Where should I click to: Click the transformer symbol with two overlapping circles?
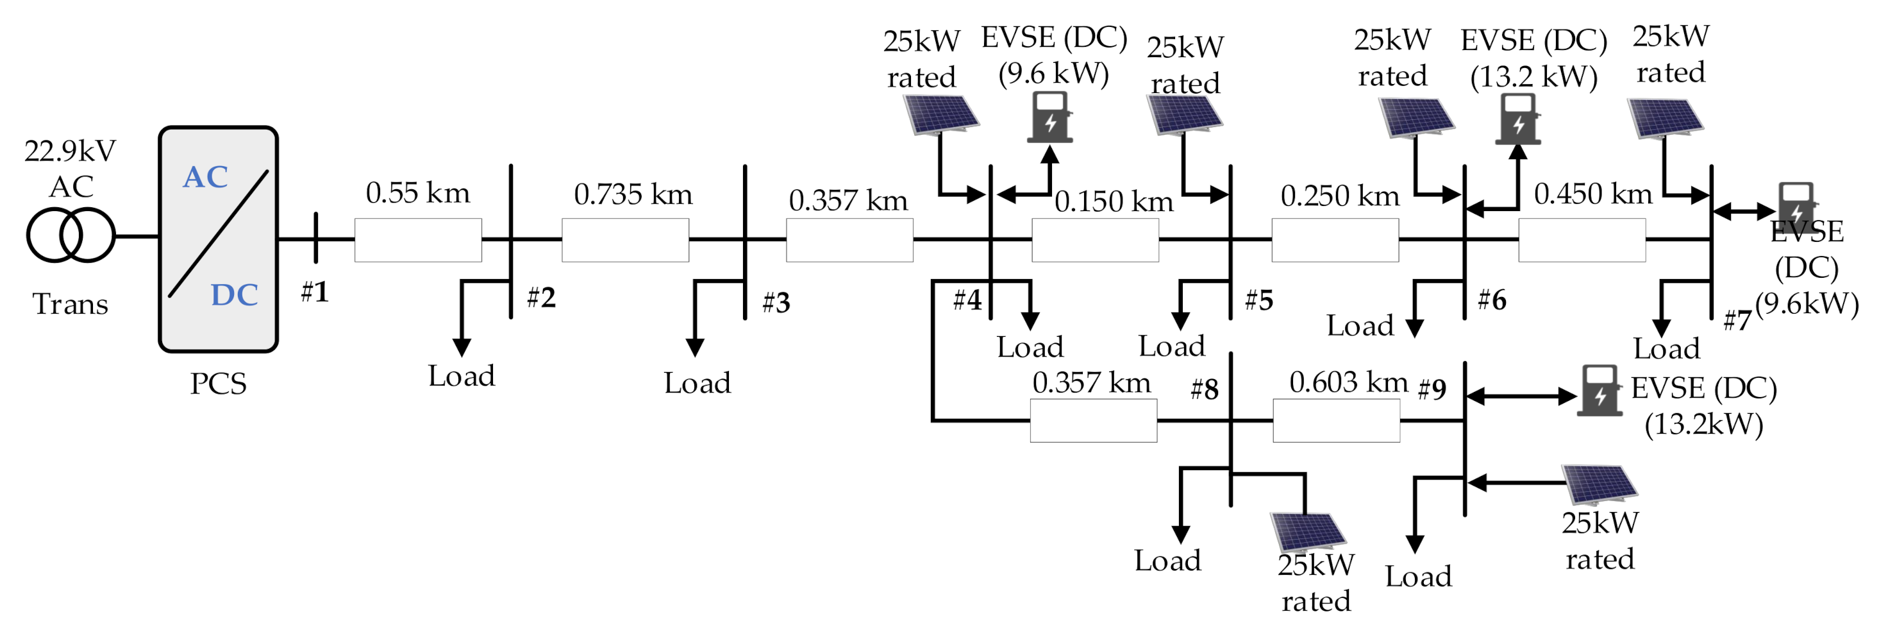click(x=71, y=235)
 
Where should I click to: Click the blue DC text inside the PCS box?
click(x=234, y=295)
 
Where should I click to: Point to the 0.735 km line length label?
click(x=632, y=195)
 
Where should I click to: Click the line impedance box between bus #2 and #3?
click(x=625, y=239)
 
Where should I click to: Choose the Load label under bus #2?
click(x=461, y=376)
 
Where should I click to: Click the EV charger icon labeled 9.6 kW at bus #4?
click(x=1049, y=117)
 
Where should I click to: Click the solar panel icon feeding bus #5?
click(x=1184, y=115)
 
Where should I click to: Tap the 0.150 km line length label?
click(x=1114, y=201)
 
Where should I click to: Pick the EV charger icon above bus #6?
click(x=1517, y=118)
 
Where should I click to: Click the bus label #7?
click(x=1736, y=319)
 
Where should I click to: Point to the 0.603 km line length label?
click(x=1348, y=382)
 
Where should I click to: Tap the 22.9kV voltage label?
click(x=69, y=151)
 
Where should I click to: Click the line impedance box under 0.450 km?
click(x=1582, y=239)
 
